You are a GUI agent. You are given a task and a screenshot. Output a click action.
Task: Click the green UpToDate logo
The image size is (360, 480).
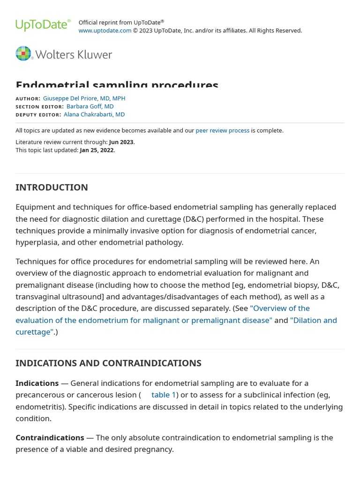coord(43,25)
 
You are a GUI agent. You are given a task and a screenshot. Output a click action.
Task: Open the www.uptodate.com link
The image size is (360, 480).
coord(105,30)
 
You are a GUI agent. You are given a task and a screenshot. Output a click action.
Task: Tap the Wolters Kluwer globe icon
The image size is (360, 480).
coord(23,53)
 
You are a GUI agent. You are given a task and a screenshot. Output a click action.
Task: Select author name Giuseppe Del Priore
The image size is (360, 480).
coord(84,98)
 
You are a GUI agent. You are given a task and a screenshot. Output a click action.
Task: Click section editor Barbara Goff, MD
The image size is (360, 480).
coord(90,106)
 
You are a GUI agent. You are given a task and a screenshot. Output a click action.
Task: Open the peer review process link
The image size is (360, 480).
coord(222,130)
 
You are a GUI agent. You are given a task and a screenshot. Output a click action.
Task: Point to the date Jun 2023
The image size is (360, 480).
coord(121,142)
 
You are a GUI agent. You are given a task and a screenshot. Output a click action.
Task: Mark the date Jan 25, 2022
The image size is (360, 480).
coord(97,150)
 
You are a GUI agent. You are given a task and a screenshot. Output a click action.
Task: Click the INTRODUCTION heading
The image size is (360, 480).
coord(52,187)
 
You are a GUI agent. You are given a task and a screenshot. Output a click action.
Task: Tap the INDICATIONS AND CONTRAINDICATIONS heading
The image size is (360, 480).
coord(108,363)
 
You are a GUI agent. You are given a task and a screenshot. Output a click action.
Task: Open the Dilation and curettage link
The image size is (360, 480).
coord(313,320)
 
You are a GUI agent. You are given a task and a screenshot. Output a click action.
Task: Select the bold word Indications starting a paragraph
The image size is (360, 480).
coord(37,383)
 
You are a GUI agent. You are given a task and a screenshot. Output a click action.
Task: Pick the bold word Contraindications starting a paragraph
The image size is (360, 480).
coord(50,437)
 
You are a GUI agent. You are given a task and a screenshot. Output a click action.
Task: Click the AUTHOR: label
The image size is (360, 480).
coord(28,99)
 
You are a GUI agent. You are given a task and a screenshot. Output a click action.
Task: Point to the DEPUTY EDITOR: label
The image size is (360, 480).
coord(38,115)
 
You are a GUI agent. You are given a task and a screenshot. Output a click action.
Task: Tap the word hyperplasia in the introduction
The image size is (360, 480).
coord(37,242)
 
